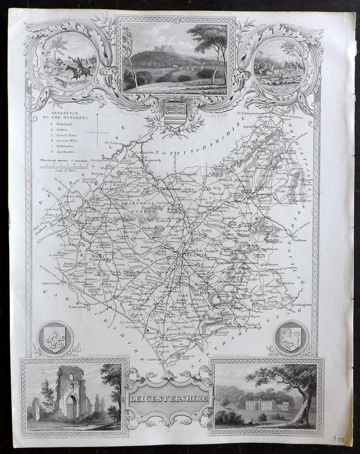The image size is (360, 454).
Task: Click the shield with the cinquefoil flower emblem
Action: click(55, 338)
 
